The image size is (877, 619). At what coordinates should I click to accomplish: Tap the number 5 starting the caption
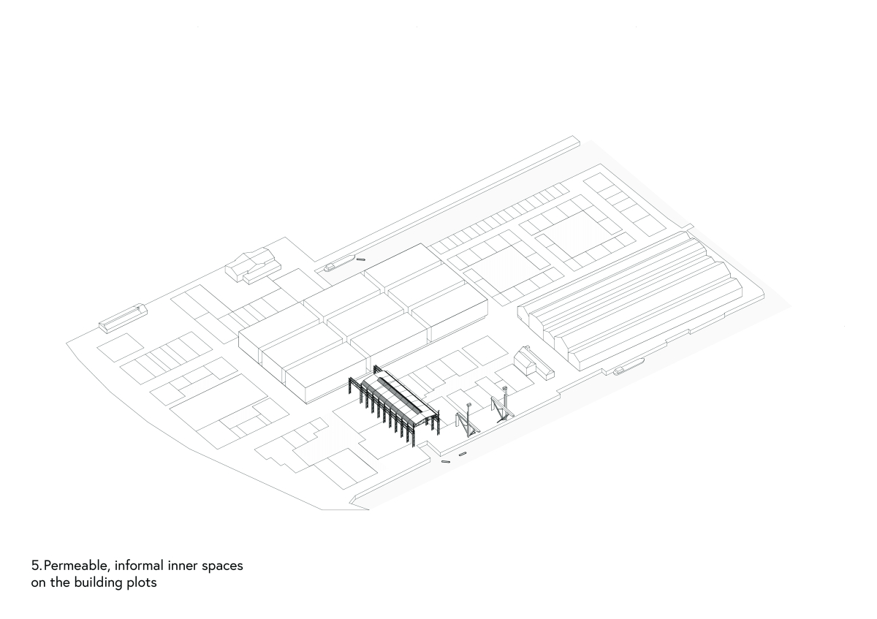[36, 566]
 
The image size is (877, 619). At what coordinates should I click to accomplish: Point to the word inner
[183, 566]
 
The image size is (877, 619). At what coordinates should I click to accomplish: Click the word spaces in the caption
[222, 567]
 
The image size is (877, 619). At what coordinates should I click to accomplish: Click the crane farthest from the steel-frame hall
[503, 406]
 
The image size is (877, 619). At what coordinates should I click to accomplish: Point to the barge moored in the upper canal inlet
[339, 262]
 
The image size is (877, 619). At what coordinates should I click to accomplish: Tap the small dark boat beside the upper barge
[360, 259]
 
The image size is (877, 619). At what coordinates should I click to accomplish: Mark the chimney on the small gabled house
[528, 348]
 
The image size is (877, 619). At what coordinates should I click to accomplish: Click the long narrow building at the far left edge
[123, 318]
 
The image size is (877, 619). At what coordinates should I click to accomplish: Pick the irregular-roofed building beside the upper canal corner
[253, 265]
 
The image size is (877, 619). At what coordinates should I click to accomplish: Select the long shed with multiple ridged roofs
[630, 301]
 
